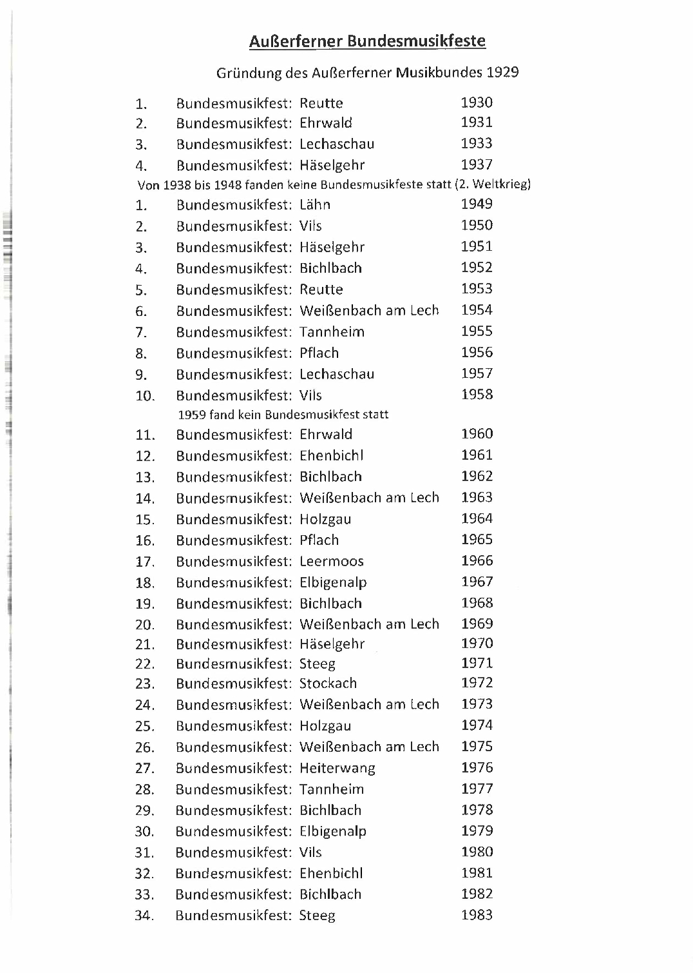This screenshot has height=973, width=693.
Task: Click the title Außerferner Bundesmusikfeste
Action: (367, 42)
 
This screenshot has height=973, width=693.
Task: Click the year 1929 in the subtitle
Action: (502, 72)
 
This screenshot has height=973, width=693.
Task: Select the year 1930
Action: (477, 103)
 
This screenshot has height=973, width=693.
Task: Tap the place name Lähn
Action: (315, 205)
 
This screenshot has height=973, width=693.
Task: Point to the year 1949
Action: (477, 204)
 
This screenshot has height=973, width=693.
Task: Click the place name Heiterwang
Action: (337, 768)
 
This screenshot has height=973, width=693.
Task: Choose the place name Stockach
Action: (328, 683)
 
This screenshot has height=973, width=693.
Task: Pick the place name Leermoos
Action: (331, 561)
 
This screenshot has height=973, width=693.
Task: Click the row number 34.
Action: (145, 916)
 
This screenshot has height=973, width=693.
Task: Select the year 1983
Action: (477, 915)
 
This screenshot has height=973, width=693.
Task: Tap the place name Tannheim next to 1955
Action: (332, 332)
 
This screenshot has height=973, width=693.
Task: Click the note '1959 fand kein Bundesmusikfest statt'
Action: (283, 415)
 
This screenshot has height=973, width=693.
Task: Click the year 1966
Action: (477, 561)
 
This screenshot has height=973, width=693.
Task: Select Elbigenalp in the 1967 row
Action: (333, 583)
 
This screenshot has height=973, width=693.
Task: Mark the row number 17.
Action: (145, 562)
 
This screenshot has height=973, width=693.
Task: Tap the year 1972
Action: (477, 683)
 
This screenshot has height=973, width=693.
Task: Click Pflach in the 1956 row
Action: (319, 353)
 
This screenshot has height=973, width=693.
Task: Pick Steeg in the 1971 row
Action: (317, 663)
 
